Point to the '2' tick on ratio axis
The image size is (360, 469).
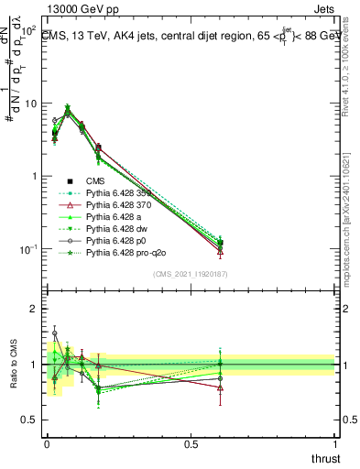(x=36, y=309)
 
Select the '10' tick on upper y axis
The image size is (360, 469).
(x=30, y=104)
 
